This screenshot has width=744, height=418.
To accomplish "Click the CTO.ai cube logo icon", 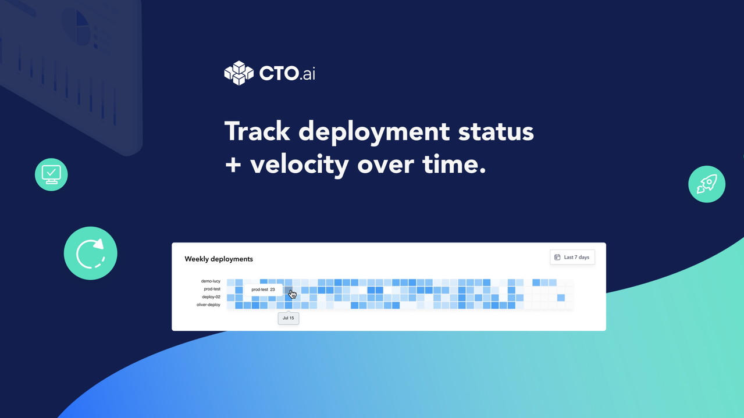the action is [x=239, y=73].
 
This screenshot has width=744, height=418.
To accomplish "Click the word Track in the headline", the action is [x=257, y=131].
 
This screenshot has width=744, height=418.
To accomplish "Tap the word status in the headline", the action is [x=496, y=132].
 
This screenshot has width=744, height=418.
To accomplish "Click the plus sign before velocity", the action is [x=233, y=165].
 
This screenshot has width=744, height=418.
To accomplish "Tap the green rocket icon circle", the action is [x=706, y=184].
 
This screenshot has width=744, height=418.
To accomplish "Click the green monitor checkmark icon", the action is [x=51, y=174].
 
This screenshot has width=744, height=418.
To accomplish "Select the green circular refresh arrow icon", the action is [x=90, y=253].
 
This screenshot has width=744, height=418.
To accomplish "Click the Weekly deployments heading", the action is [x=219, y=259].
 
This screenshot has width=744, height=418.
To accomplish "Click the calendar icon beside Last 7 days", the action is [x=557, y=258].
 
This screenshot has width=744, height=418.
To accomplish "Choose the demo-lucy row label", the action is [x=211, y=281].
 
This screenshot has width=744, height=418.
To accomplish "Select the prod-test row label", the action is [x=212, y=289].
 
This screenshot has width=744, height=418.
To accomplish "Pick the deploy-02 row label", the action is [x=211, y=297].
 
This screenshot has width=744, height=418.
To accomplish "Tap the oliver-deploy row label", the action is [x=208, y=305].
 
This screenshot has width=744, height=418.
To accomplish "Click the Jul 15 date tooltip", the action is [x=289, y=318].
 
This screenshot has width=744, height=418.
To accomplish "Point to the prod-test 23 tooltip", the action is [x=263, y=290].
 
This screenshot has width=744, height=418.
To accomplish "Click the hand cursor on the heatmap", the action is [x=292, y=294].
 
